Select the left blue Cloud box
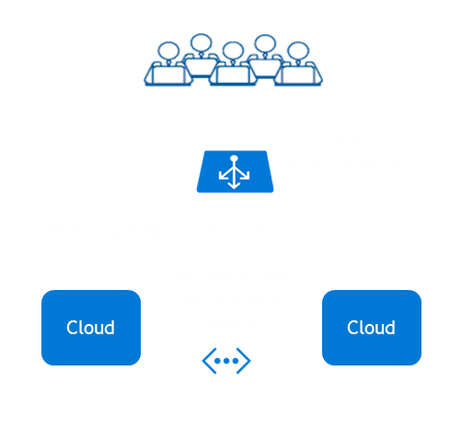tap(90, 327)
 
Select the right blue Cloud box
tap(371, 327)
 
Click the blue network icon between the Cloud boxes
tap(225, 362)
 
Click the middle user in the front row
tap(233, 69)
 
